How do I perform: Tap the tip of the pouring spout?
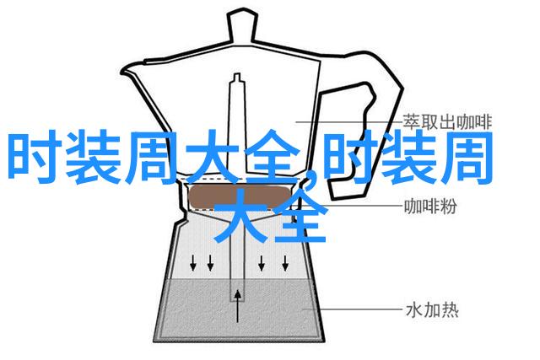121,73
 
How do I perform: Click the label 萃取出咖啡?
447,122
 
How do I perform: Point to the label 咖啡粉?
430,207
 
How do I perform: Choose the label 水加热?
432,310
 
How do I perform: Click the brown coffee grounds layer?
240,196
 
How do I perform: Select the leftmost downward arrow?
193,262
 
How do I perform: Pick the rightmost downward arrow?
285,262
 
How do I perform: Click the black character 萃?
412,122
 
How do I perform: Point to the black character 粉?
448,207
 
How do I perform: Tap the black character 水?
414,310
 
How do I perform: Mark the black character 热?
450,310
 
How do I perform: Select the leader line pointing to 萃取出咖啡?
348,121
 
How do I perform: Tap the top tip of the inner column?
237,74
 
